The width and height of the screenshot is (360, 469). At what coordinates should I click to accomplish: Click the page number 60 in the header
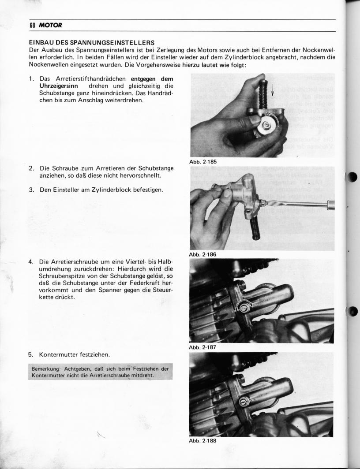(x=32, y=25)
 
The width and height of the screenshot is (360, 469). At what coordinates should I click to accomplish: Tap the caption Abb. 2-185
(x=203, y=162)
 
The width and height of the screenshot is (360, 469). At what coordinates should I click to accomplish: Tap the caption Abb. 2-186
(x=203, y=254)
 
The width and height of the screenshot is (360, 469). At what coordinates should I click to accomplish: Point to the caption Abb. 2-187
(x=203, y=348)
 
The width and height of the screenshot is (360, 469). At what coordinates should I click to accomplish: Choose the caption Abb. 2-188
(x=203, y=440)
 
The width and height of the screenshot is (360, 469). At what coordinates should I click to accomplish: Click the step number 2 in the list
(x=32, y=168)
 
